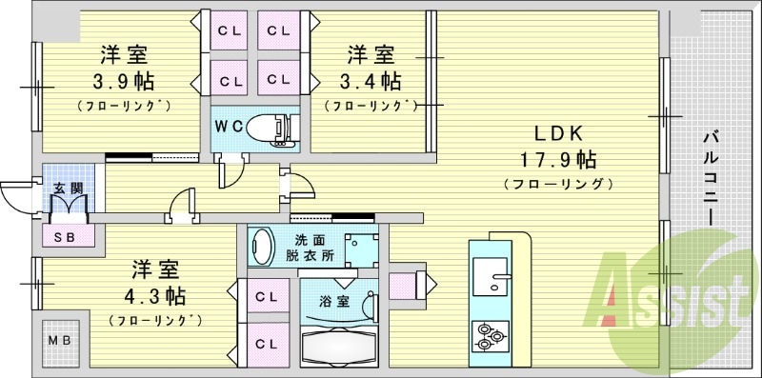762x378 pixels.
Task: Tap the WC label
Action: (227, 125)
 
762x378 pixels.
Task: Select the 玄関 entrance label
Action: (66, 186)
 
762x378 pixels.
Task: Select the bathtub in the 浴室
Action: (337, 346)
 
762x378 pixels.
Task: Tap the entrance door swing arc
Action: (14, 197)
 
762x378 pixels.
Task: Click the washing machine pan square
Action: (361, 249)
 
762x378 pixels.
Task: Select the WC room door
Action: (230, 174)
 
